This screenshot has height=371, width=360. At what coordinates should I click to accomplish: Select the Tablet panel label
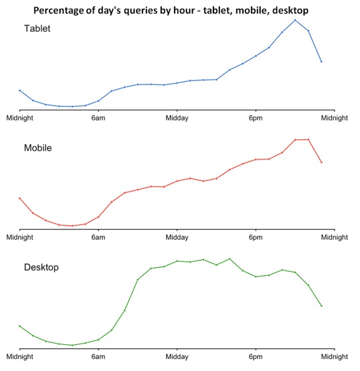coord(37,29)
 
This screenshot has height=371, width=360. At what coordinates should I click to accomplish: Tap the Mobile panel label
coord(38,147)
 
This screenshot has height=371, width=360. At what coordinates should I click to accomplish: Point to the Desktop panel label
coord(41,267)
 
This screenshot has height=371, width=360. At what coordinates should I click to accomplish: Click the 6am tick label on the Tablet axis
coord(98,118)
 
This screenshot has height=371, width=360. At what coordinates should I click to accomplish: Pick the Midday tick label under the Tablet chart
coord(177,118)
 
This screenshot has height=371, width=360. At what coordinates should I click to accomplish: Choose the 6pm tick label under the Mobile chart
coord(256,237)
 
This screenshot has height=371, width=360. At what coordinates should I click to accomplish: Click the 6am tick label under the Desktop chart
coord(98,358)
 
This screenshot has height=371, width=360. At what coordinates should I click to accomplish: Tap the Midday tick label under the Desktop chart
coord(177,358)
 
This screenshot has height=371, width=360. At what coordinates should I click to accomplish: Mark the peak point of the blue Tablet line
coord(295,20)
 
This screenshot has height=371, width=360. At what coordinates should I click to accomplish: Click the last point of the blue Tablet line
coord(321,62)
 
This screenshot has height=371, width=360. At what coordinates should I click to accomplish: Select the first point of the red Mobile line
coord(20,198)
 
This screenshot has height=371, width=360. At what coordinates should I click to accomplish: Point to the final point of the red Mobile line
coord(321,162)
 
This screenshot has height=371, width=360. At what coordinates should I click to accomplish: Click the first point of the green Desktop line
coord(20,326)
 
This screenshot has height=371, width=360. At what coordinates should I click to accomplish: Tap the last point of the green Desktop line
coord(321,305)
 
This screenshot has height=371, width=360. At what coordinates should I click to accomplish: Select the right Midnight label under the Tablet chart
coord(334,118)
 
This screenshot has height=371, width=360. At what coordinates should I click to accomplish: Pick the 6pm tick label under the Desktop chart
coord(256,358)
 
